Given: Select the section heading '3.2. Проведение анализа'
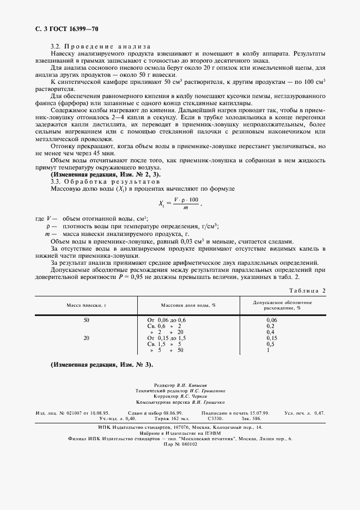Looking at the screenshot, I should (100, 47).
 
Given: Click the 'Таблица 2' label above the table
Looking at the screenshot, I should (307, 290).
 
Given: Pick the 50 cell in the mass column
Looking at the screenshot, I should (86, 320).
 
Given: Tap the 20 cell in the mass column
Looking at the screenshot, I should (86, 338).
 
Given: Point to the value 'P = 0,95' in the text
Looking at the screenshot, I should (133, 277).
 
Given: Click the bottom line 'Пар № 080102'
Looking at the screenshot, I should (180, 444).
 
